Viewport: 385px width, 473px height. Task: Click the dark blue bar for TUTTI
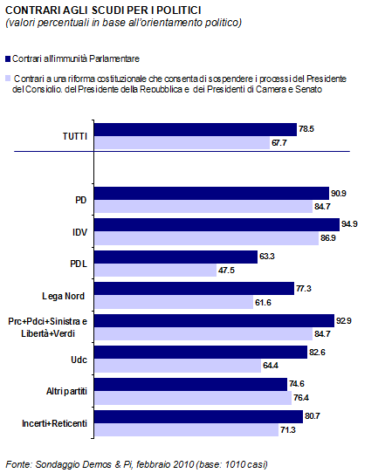pos(196,129)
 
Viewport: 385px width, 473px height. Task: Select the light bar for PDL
pos(155,271)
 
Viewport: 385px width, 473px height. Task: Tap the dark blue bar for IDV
pos(217,225)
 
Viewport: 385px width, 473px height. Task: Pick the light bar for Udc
pos(178,366)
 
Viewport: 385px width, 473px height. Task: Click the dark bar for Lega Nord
pos(195,288)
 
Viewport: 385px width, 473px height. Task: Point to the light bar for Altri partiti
pos(193,398)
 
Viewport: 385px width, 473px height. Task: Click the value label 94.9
pos(349,224)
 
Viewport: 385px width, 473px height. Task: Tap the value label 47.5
pos(226,271)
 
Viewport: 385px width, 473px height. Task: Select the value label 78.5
pos(306,129)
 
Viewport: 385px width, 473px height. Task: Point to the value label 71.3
pos(288,430)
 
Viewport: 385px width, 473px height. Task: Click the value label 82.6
pos(317,353)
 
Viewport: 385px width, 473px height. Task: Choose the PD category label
pos(81,200)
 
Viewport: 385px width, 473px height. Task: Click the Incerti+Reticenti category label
pos(54,423)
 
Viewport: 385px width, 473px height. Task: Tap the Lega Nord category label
pos(64,296)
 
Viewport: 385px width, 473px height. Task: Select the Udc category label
pos(79,360)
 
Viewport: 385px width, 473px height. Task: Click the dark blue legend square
pos(8,58)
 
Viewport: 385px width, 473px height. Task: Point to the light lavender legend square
pos(8,79)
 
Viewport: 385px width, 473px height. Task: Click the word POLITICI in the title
pos(179,10)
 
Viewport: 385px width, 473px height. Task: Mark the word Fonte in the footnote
pos(18,464)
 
